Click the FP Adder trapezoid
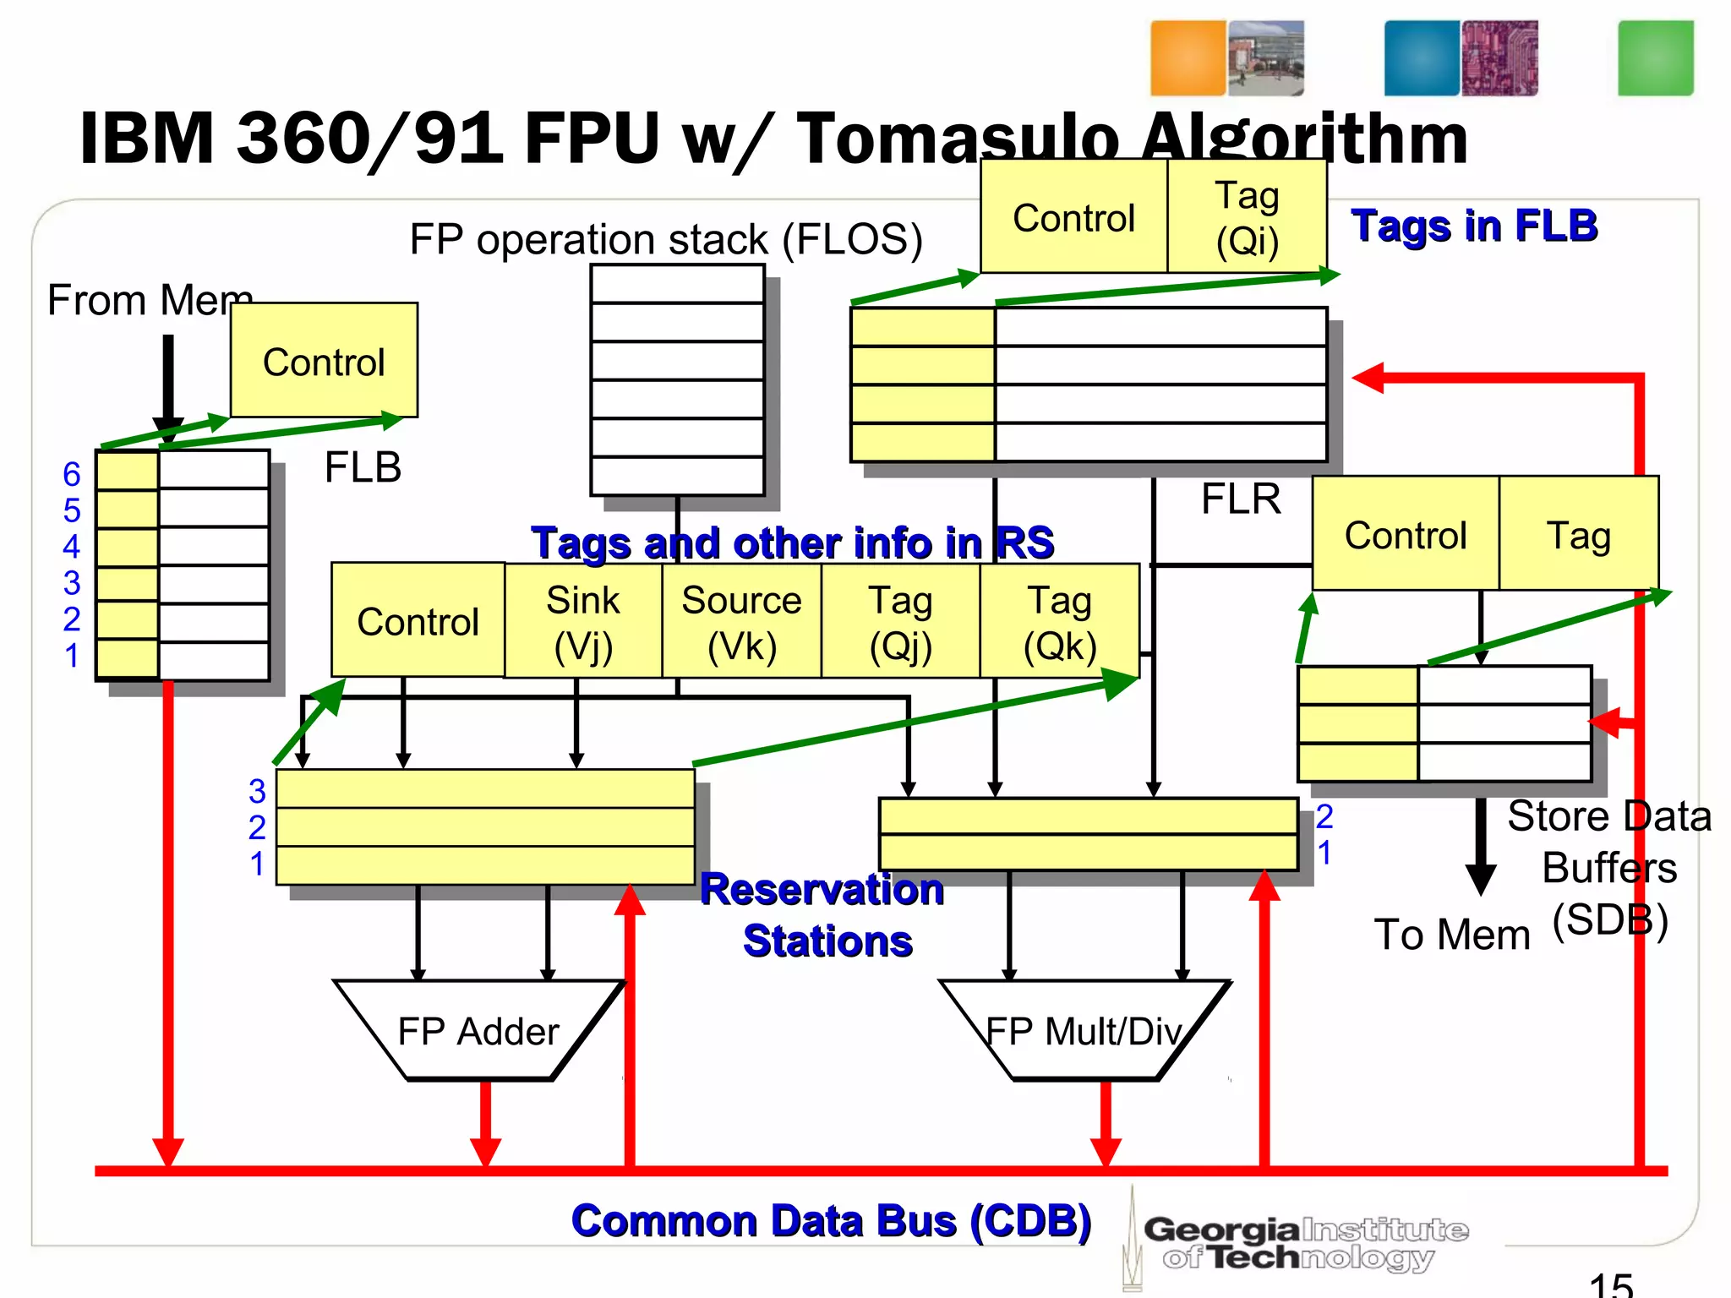[478, 1031]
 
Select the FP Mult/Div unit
[1084, 1031]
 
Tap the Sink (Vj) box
[582, 622]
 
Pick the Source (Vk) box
[741, 622]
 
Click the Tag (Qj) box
[900, 622]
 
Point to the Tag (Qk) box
[1059, 622]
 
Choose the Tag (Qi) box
[1247, 217]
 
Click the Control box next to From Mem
[324, 361]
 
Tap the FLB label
[363, 467]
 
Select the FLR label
[1240, 499]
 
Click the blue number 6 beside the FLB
[72, 474]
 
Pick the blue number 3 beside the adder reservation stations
[257, 792]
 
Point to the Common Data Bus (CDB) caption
[831, 1221]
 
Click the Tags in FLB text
[1473, 226]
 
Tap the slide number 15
[1610, 1284]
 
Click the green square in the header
[1655, 58]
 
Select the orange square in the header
[1188, 58]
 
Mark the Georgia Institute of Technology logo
[1302, 1242]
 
